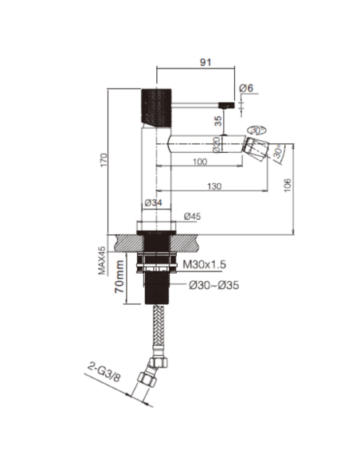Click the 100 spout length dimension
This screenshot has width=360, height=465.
tap(199, 162)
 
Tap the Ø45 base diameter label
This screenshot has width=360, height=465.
tap(191, 217)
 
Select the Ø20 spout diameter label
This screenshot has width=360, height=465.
tap(215, 143)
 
